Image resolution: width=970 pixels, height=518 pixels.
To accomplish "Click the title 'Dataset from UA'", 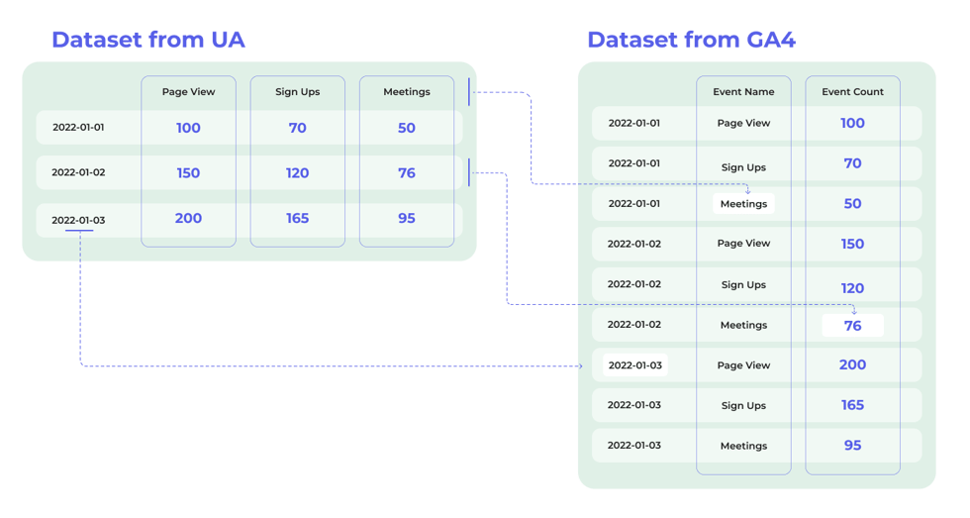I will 147,40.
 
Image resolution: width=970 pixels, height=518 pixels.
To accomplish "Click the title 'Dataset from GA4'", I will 691,40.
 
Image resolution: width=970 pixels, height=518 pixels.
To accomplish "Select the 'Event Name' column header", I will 743,92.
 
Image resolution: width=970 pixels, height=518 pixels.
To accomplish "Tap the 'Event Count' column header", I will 852,92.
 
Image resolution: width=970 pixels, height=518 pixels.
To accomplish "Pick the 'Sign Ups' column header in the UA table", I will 297,92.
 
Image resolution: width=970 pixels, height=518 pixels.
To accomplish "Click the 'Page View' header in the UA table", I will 188,92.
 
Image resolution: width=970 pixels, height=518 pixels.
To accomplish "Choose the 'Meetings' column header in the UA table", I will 407,92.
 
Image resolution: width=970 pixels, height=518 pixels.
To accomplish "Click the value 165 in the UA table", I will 297,219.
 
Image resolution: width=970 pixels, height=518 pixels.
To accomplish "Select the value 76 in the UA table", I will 407,173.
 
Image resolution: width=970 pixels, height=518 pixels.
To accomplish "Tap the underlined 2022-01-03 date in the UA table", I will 78,220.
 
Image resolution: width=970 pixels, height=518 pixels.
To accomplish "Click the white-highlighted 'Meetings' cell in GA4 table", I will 743,204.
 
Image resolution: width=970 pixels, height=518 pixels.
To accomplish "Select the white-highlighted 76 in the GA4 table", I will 852,326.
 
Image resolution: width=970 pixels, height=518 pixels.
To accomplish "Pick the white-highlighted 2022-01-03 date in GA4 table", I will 634,365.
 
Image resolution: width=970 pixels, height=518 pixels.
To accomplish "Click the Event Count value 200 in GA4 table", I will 852,365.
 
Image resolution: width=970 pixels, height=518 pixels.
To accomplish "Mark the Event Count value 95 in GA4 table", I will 852,446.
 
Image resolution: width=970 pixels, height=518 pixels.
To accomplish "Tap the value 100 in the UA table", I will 188,128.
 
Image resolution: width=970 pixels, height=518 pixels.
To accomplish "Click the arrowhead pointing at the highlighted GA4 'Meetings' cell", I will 748,191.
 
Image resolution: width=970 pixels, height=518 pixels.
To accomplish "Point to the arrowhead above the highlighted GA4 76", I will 854,311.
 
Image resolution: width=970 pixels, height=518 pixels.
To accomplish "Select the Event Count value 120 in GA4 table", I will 852,288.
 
